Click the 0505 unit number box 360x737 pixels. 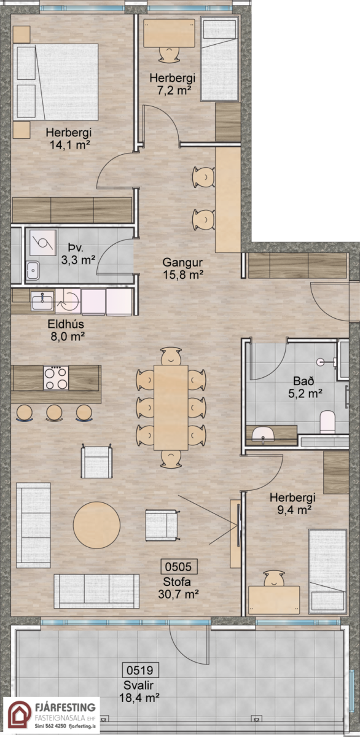point(179,566)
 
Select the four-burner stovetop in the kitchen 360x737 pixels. point(57,378)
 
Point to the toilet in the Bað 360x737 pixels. point(327,421)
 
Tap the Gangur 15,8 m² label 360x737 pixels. point(182,268)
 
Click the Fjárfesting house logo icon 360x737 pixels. point(20,714)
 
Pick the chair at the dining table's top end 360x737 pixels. point(171,356)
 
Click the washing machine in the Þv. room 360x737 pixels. point(42,243)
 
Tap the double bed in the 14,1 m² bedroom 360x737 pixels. point(56,82)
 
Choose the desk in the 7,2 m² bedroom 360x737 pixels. point(169,33)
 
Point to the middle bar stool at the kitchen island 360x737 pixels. point(54,413)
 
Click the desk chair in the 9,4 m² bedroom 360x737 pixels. point(274,579)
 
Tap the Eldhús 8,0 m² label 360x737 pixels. point(66,330)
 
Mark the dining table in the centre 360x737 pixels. point(171,407)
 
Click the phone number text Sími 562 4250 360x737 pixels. point(50,725)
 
